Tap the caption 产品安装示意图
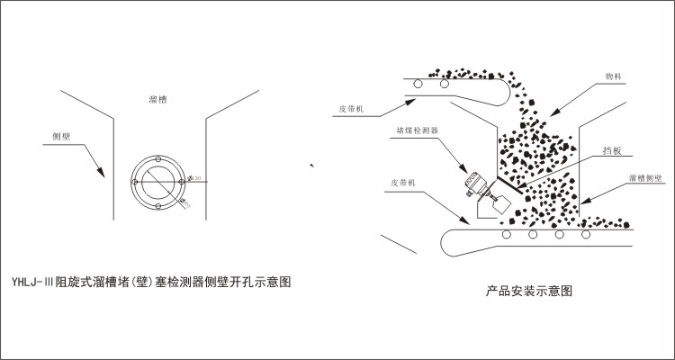[x=529, y=292]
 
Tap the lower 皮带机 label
[x=406, y=182]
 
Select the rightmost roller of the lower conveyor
[x=588, y=235]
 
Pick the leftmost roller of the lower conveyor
[x=508, y=235]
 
